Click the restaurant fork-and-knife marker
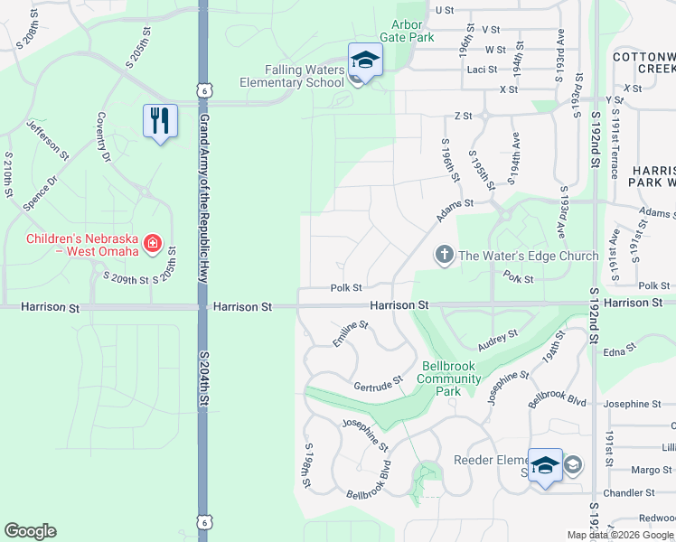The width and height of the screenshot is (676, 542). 160,121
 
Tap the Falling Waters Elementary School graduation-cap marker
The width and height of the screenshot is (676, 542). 365,61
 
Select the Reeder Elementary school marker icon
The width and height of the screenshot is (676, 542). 545,465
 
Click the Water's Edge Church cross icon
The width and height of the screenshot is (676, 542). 444,256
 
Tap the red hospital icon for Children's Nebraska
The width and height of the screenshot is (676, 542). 153,244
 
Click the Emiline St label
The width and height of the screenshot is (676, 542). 351,333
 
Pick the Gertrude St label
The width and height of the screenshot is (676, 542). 377,385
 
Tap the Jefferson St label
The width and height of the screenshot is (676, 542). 48,139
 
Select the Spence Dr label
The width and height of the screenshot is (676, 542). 40,193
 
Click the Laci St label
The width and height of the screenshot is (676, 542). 478,69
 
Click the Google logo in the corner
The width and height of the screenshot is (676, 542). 30,531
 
